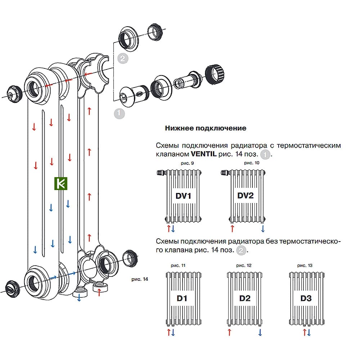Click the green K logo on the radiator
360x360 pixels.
(x=61, y=184)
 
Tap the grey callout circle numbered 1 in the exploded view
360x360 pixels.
(x=119, y=113)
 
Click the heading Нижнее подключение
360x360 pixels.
(x=206, y=128)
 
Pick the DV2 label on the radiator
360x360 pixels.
(x=246, y=196)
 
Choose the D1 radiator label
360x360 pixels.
(x=182, y=298)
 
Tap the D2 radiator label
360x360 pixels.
(x=244, y=298)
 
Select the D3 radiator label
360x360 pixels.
(x=306, y=298)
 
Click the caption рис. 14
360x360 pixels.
(x=140, y=279)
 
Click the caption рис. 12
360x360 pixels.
(x=244, y=265)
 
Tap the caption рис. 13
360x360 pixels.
(x=305, y=265)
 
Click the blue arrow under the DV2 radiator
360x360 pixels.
(x=263, y=229)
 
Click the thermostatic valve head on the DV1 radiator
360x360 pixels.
(x=161, y=173)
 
